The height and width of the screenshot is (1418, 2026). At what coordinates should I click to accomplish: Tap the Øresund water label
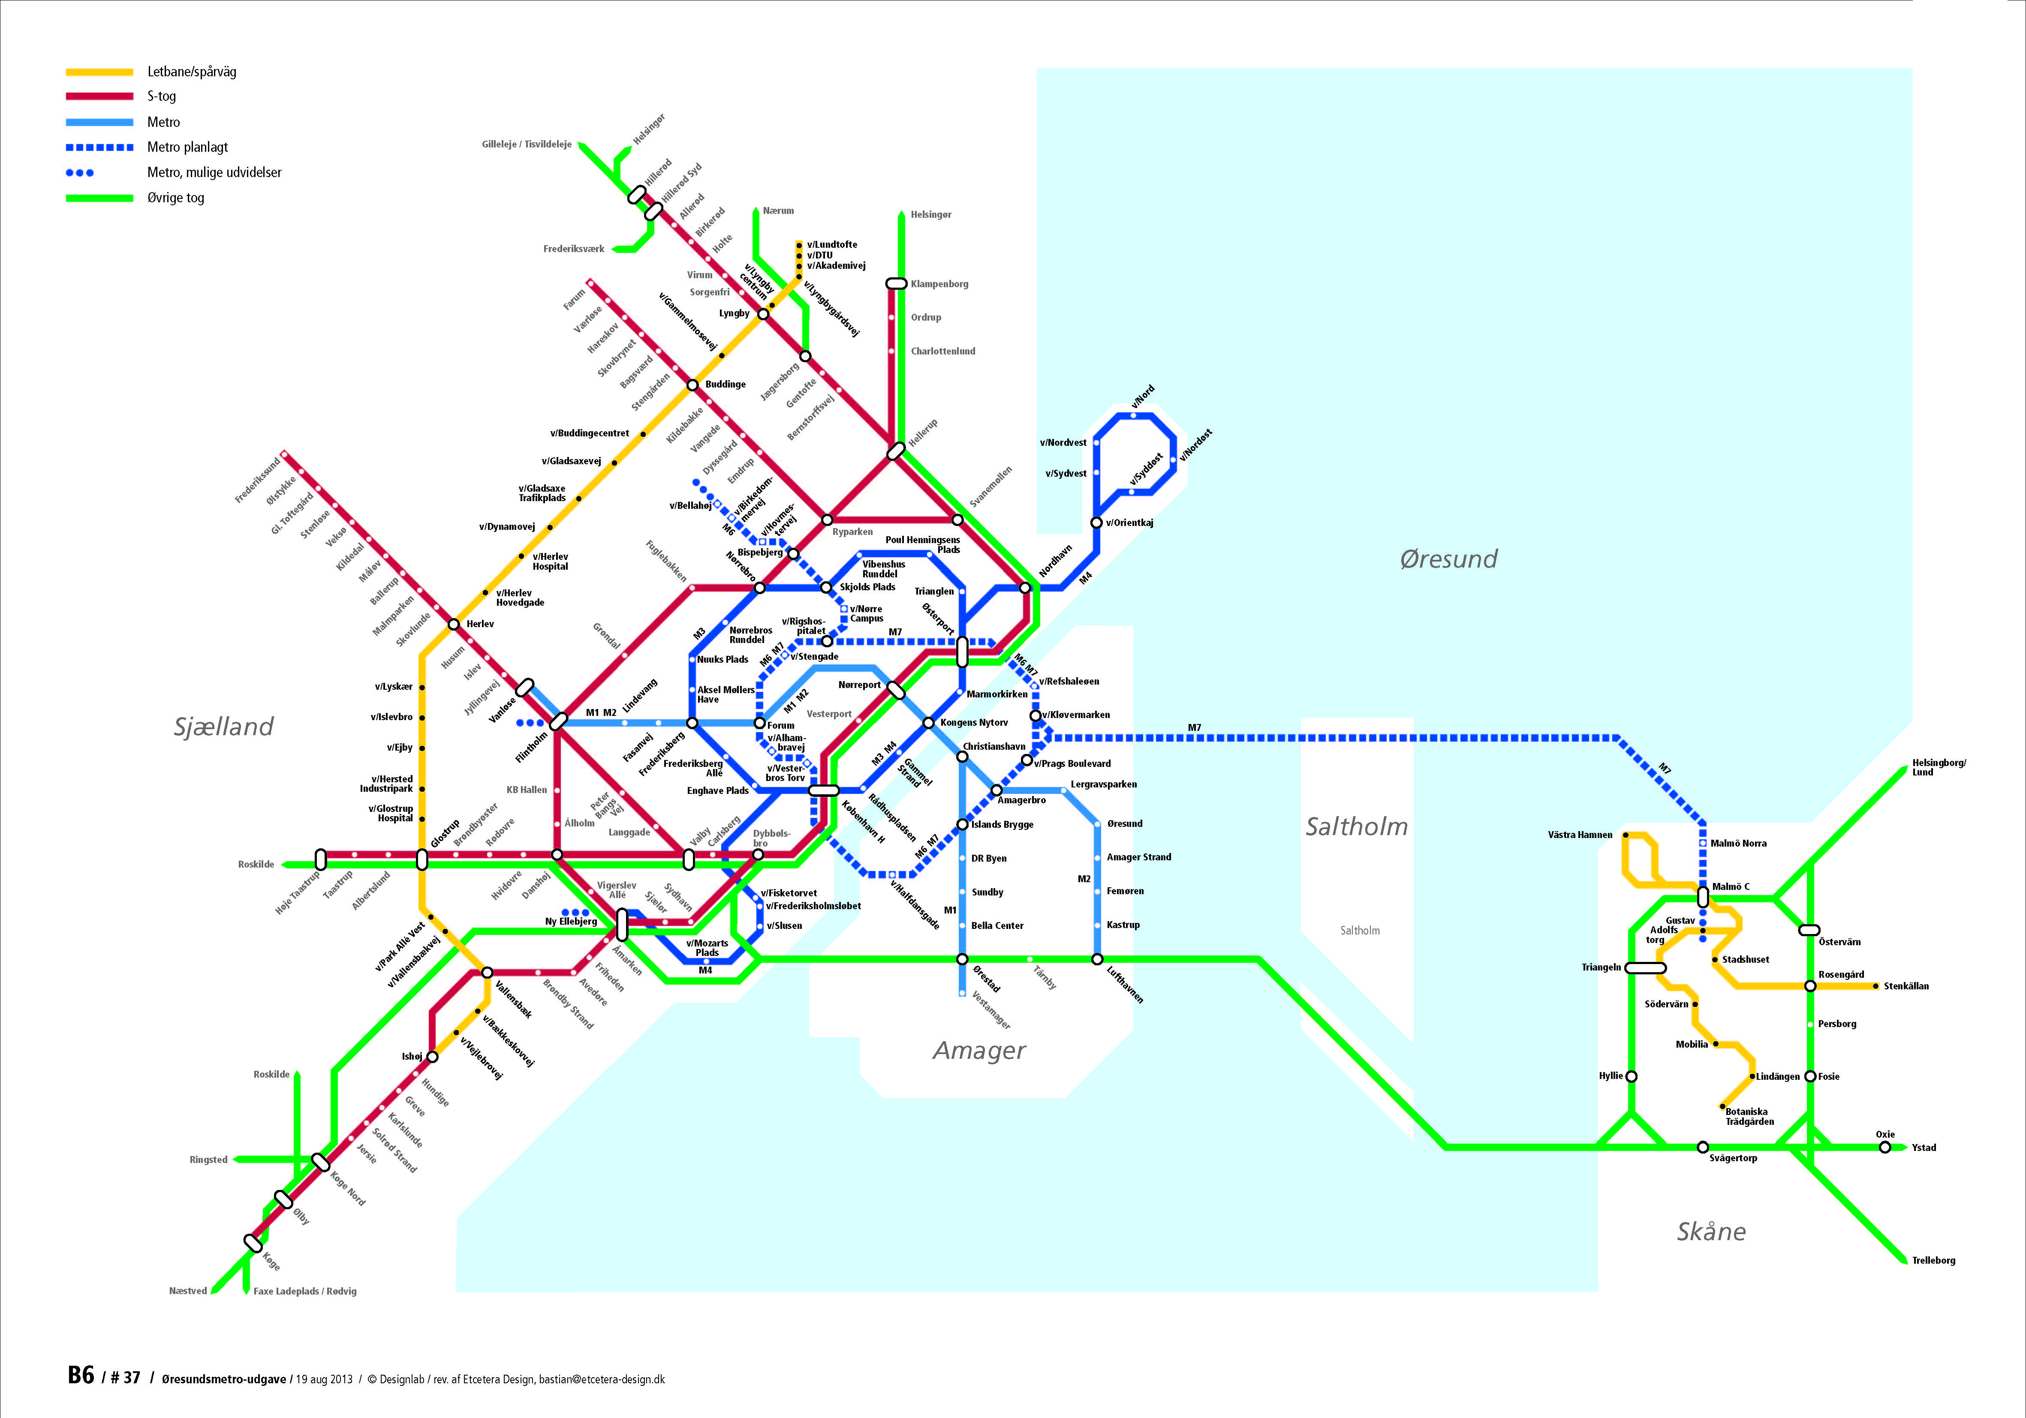[1448, 559]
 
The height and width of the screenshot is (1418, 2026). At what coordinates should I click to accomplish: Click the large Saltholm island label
[1356, 827]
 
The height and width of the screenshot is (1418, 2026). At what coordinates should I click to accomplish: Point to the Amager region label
[979, 1050]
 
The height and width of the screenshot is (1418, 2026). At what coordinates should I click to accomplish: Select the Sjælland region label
[223, 726]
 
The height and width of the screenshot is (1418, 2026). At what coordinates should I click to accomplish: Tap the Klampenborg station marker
[897, 283]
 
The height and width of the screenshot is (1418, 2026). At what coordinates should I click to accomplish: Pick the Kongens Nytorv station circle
[928, 723]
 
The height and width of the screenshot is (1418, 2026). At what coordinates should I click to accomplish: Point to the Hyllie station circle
[1632, 1076]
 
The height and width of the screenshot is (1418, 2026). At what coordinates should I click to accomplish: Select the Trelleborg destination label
[1933, 1260]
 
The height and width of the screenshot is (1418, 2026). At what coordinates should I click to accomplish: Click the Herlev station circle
[454, 624]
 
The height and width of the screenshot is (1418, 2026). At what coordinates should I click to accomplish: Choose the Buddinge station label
[726, 385]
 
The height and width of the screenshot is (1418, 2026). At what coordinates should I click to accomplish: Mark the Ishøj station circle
[432, 1056]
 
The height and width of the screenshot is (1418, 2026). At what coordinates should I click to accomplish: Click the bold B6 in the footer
[80, 1376]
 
